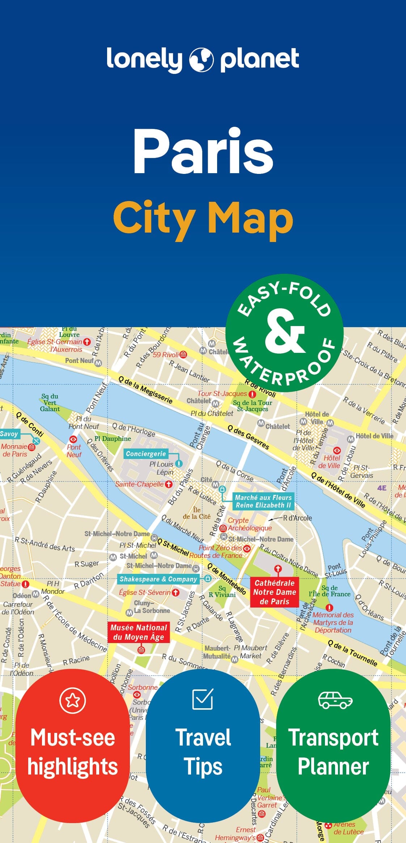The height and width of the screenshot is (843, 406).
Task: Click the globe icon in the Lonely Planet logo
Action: point(202,59)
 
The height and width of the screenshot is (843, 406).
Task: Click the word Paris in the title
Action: point(203,151)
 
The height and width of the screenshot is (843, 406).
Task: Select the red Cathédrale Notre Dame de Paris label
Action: point(275,592)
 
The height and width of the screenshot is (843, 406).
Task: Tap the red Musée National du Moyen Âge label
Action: point(139,632)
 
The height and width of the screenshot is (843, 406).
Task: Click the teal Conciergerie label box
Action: point(146,454)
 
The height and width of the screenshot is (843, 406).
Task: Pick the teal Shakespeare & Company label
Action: point(158,579)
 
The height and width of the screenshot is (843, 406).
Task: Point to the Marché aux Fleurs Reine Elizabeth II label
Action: point(263,501)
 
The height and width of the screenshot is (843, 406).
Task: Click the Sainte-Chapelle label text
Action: point(139,484)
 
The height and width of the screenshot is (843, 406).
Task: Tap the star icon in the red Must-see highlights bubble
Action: point(73,700)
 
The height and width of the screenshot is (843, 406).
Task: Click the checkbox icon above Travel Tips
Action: point(203,699)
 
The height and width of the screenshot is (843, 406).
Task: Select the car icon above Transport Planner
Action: point(335,700)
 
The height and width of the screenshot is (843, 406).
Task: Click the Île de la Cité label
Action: point(196,513)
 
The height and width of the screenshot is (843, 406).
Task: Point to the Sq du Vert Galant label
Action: point(50,402)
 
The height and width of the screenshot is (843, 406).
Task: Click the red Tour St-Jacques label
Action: point(222,393)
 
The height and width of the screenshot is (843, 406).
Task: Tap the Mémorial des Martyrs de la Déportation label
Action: point(333,622)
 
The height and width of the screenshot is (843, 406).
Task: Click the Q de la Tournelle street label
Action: point(352,653)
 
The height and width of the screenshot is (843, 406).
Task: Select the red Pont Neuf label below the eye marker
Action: point(74,451)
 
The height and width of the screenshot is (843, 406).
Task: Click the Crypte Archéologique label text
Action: point(249,524)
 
